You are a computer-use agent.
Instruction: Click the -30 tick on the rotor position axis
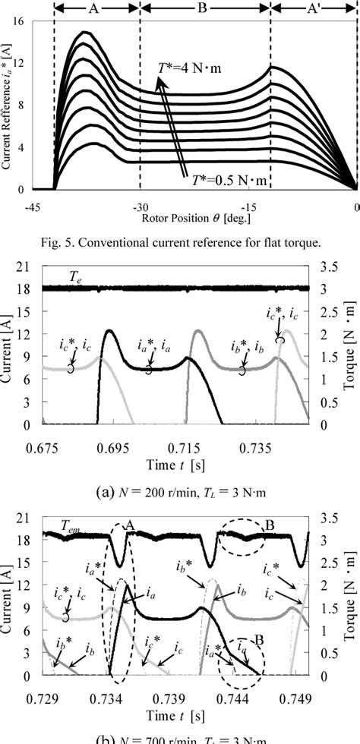coord(141,206)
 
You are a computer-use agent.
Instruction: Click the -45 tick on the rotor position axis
coord(33,206)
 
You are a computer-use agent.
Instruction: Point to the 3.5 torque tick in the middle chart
coord(324,267)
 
